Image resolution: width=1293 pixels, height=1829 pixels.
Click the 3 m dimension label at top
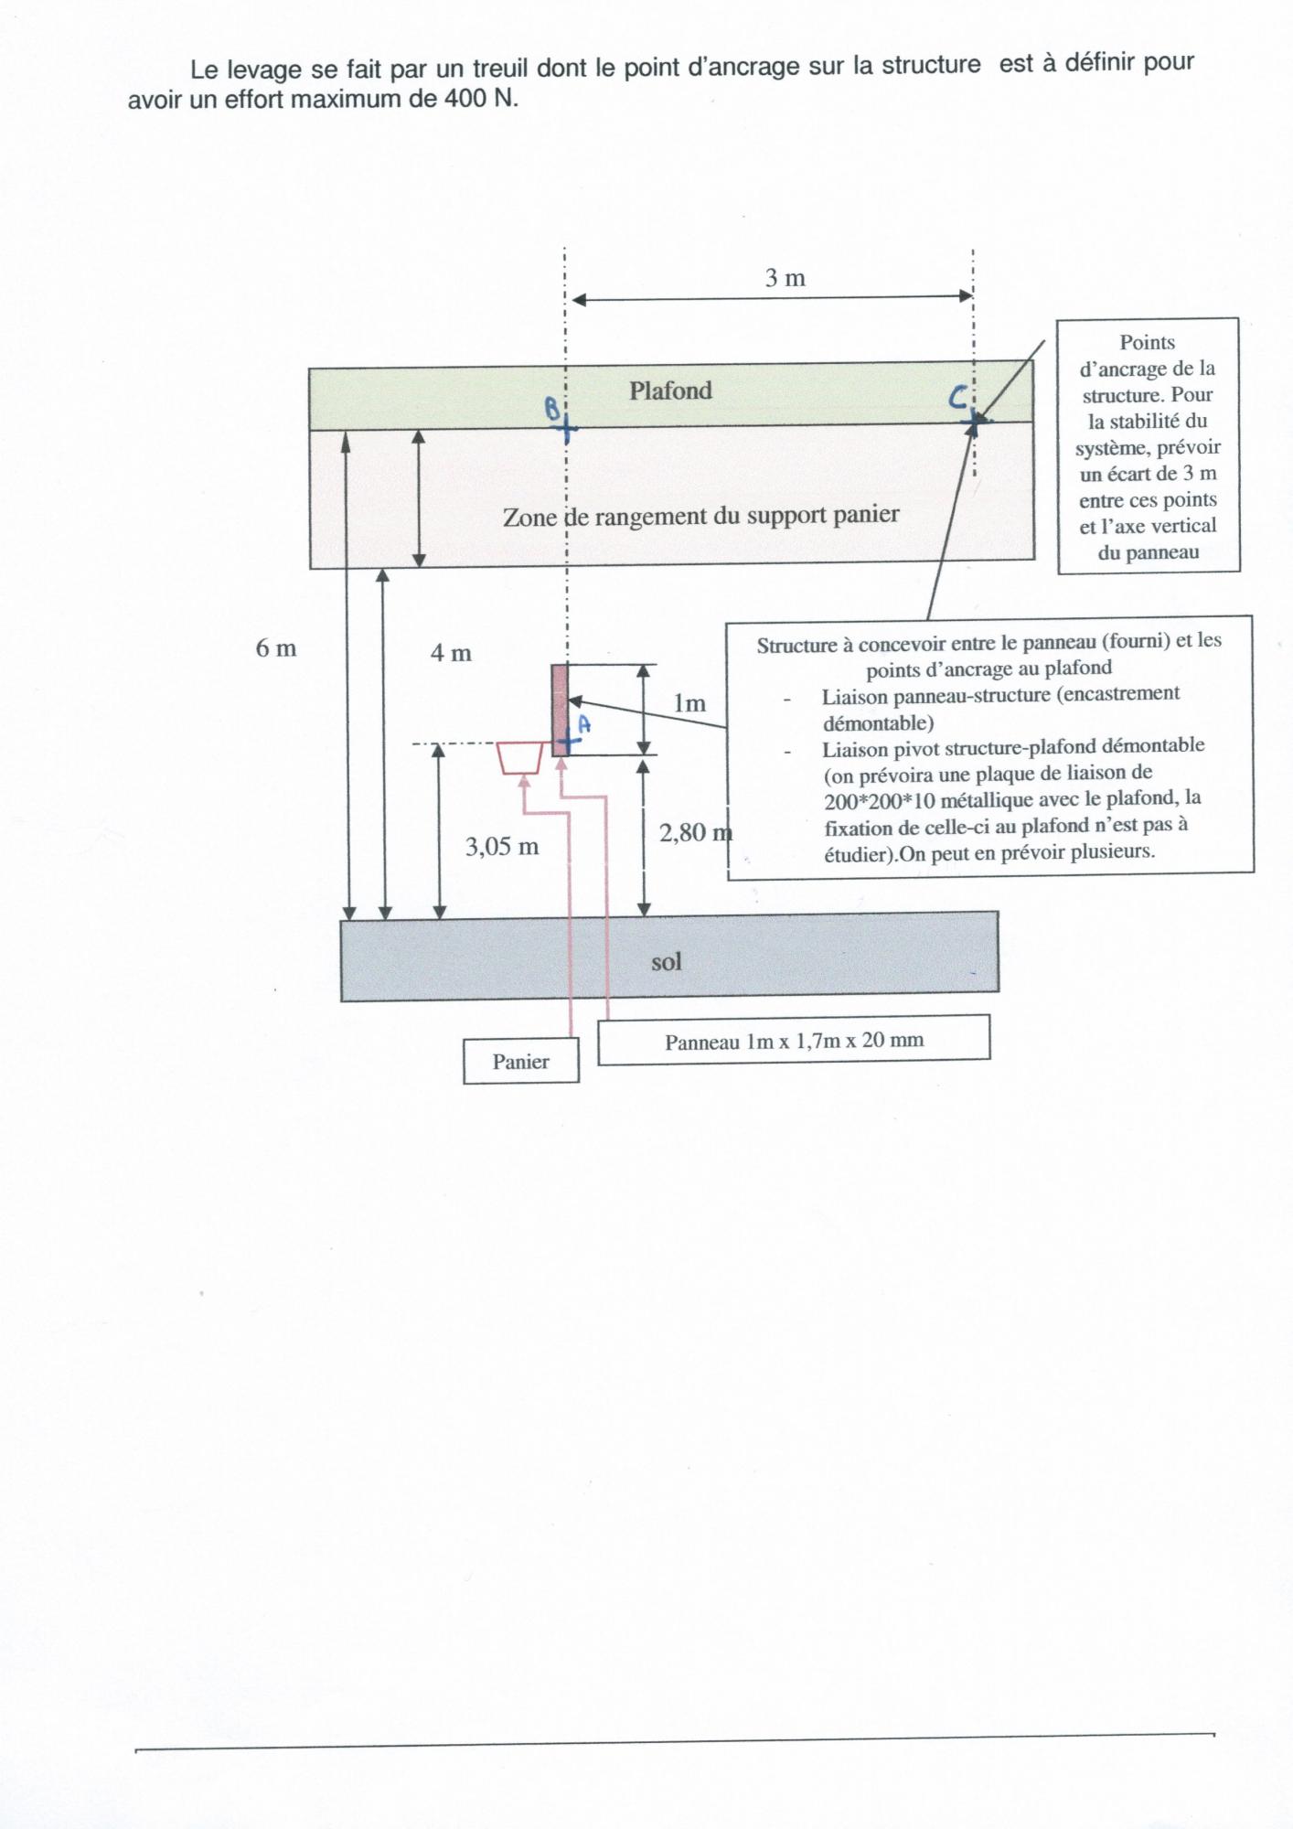785,278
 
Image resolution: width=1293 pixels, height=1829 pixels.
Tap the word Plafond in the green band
670,390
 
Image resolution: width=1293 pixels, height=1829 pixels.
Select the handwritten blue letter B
552,408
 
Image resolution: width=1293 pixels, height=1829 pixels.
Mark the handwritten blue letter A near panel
584,724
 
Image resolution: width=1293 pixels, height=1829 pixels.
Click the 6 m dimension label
276,648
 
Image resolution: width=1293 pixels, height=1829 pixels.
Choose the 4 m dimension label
451,653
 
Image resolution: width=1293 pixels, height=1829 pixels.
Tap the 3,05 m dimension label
502,847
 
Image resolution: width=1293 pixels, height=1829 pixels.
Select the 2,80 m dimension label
695,832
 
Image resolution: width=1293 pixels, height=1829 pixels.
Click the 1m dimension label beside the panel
689,703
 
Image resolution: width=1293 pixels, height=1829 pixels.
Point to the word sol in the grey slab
667,962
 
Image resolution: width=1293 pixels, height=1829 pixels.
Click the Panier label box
521,1062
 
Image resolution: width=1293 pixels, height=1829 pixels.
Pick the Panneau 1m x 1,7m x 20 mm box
794,1041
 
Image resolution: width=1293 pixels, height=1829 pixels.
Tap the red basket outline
520,758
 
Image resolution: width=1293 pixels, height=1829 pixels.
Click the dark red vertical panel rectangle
560,709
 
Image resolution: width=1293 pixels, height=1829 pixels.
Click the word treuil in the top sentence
500,68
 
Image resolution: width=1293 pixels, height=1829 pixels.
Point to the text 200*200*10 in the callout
879,801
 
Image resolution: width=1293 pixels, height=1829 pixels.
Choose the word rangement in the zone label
650,517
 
